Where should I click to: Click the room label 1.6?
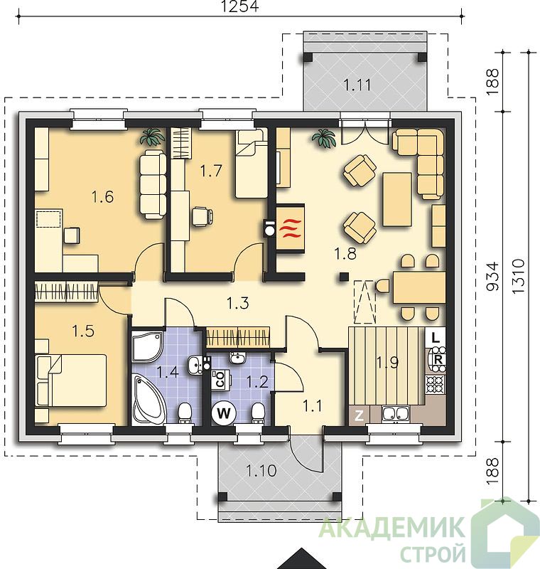pyautogui.click(x=102, y=197)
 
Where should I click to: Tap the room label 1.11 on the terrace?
pyautogui.click(x=357, y=85)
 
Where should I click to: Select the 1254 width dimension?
pyautogui.click(x=240, y=6)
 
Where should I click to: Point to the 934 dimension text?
pyautogui.click(x=492, y=277)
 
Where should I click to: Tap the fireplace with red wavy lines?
pyautogui.click(x=290, y=228)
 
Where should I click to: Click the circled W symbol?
pyautogui.click(x=224, y=413)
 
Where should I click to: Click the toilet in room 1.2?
pyautogui.click(x=258, y=413)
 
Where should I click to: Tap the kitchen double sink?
pyautogui.click(x=396, y=415)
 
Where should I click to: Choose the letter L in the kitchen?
pyautogui.click(x=436, y=339)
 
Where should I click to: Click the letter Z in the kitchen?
pyautogui.click(x=359, y=415)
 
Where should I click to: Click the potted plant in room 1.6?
pyautogui.click(x=153, y=137)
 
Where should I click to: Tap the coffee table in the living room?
pyautogui.click(x=397, y=199)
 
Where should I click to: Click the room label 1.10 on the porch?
pyautogui.click(x=261, y=471)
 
